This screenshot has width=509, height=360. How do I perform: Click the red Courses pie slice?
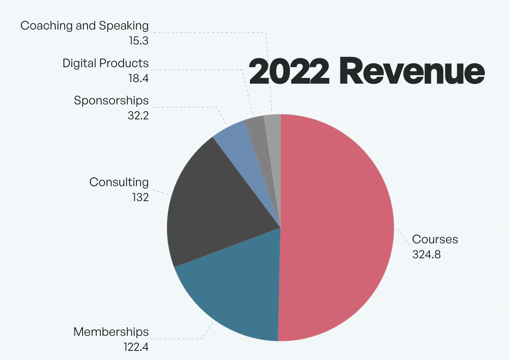pos(338,226)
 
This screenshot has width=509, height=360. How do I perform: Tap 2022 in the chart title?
pos(289,72)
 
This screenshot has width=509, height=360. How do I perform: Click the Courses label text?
pos(435,239)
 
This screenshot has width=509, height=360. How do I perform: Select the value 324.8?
pos(426,254)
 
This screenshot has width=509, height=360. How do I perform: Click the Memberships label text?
pos(111,332)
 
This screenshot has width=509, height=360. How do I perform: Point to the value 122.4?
pos(136,347)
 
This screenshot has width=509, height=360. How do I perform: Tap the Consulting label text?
pos(119,182)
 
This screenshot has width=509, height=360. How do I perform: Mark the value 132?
pos(140,197)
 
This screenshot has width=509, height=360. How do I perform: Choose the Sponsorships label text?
pos(111,101)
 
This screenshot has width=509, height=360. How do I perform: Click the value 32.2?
pos(138,116)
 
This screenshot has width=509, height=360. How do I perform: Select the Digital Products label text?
pos(106,63)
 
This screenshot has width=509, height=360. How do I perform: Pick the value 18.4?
pos(138,78)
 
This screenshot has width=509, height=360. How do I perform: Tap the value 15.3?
pos(139,41)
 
